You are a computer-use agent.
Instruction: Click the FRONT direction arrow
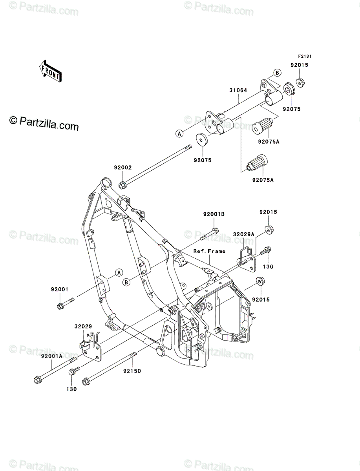pyautogui.click(x=50, y=71)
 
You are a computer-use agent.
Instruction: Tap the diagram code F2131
pyautogui.click(x=305, y=57)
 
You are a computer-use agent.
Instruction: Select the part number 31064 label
pyautogui.click(x=238, y=90)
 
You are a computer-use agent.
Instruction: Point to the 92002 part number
pyautogui.click(x=123, y=167)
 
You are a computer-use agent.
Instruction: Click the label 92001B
pyautogui.click(x=214, y=214)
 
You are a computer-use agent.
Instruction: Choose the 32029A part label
pyautogui.click(x=243, y=234)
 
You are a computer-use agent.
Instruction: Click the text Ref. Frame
pyautogui.click(x=209, y=251)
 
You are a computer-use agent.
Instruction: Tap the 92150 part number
pyautogui.click(x=132, y=371)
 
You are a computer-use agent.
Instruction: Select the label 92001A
pyautogui.click(x=52, y=356)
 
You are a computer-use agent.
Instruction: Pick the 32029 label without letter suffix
pyautogui.click(x=83, y=326)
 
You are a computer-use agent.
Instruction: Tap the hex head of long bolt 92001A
pyautogui.click(x=37, y=380)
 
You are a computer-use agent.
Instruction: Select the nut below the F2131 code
pyautogui.click(x=300, y=82)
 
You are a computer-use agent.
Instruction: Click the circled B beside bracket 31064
pyautogui.click(x=277, y=73)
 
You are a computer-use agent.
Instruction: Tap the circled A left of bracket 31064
pyautogui.click(x=179, y=134)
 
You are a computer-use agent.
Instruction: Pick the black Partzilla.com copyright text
pyautogui.click(x=44, y=123)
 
